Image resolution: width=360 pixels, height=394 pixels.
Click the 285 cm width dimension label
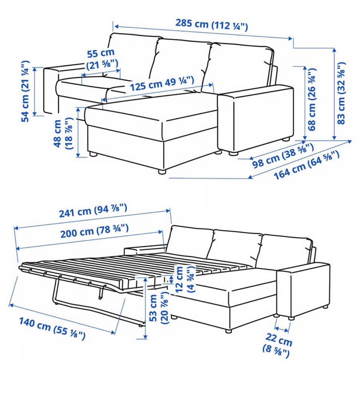[211, 25]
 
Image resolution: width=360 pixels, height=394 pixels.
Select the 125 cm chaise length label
[162, 83]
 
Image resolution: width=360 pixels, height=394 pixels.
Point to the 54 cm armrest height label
[25, 91]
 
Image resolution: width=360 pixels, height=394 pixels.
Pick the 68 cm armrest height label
[312, 99]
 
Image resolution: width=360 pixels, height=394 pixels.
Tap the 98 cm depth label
[283, 155]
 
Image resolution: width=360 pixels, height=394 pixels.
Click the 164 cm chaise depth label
[306, 165]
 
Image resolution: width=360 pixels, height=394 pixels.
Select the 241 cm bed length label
[93, 210]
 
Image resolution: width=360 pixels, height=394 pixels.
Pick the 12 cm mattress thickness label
[185, 279]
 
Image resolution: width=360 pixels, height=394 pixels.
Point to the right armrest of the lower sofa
[303, 290]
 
